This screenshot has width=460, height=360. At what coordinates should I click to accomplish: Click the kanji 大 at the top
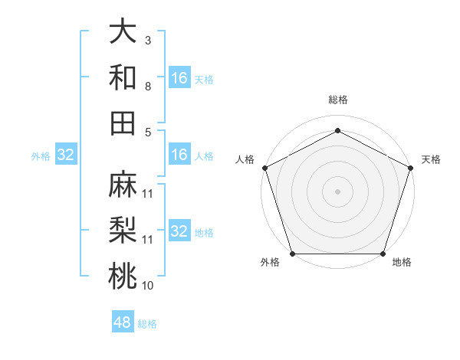click(x=122, y=31)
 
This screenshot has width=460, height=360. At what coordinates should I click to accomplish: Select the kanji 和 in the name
click(x=122, y=77)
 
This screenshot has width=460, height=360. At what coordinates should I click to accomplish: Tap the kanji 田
click(x=122, y=123)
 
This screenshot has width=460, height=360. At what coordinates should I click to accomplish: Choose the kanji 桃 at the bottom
click(x=122, y=276)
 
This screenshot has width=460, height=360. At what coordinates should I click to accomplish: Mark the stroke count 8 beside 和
click(x=148, y=87)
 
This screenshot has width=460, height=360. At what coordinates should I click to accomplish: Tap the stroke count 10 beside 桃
click(x=148, y=286)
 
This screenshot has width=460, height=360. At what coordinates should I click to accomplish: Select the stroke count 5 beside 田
click(x=148, y=133)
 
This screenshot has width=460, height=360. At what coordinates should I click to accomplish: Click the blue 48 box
click(x=122, y=322)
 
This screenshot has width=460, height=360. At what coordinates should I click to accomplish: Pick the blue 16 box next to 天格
click(x=179, y=78)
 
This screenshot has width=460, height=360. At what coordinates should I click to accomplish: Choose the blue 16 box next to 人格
click(x=179, y=155)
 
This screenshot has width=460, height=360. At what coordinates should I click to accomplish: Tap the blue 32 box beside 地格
click(x=179, y=231)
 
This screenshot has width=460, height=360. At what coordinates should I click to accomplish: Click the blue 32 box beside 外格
click(x=66, y=155)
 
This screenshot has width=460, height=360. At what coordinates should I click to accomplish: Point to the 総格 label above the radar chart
click(x=337, y=100)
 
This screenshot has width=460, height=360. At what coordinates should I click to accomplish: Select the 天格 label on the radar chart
click(x=431, y=159)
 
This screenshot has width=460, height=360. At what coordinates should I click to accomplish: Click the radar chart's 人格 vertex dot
click(x=264, y=167)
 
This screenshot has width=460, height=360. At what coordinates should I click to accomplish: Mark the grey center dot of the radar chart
click(x=337, y=191)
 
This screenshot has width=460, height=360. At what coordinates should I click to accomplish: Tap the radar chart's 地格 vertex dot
click(x=383, y=254)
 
